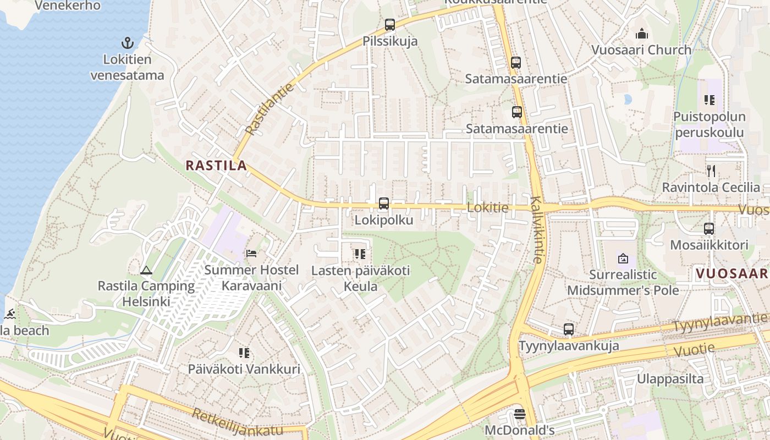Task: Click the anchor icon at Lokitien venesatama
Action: [x=128, y=43]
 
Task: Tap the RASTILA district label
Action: [x=216, y=165]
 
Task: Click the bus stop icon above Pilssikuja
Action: [x=390, y=24]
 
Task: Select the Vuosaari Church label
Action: [x=641, y=50]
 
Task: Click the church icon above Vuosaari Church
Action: [x=641, y=34]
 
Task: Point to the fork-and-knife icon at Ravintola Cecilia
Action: [x=711, y=171]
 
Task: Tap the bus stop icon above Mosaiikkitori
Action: [x=709, y=229]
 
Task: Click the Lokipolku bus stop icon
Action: [x=384, y=204]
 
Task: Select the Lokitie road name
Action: [x=487, y=208]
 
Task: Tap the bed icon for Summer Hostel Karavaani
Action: [x=251, y=254]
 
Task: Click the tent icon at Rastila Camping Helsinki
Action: [x=146, y=270]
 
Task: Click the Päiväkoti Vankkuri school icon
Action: [x=244, y=353]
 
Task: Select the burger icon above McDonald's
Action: [x=520, y=414]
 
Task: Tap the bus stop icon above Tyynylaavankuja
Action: [x=569, y=329]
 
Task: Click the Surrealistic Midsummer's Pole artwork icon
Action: [x=623, y=257]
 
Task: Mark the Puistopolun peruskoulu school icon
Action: [x=710, y=100]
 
